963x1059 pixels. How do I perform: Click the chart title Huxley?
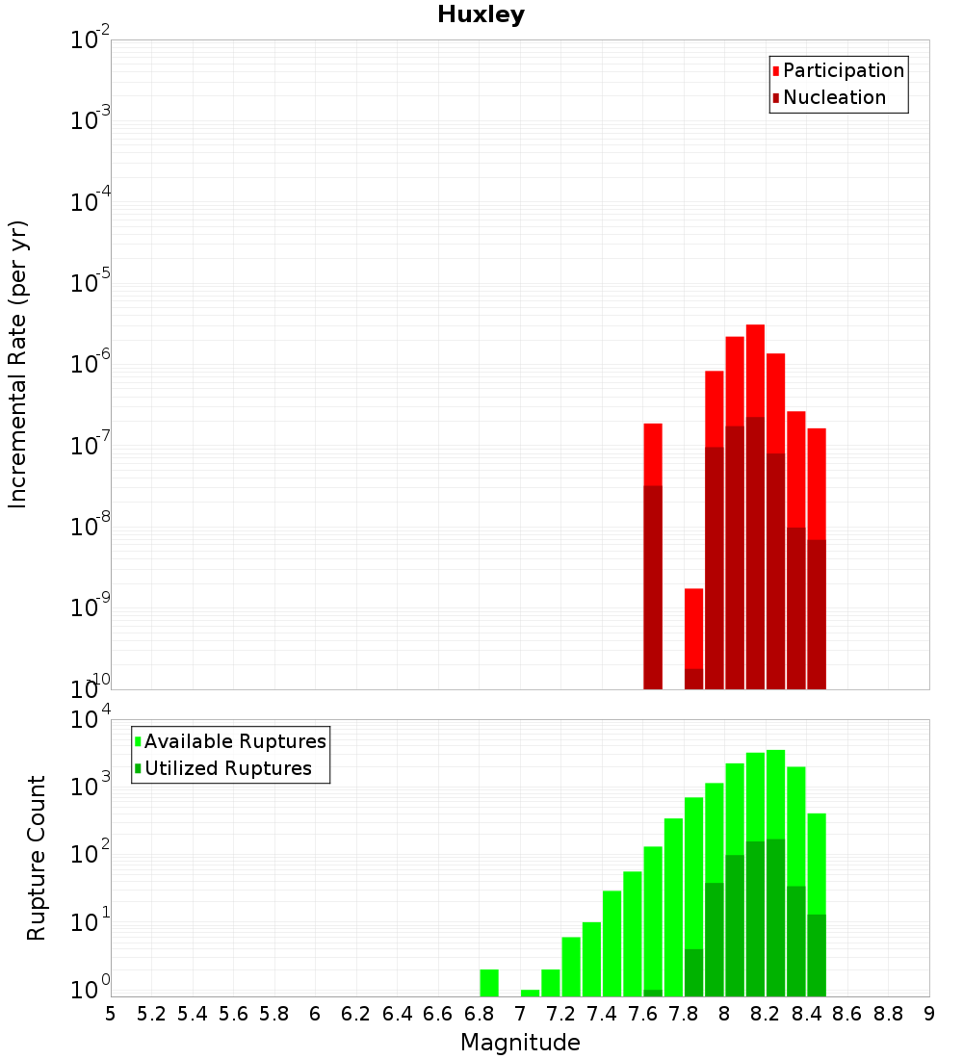[x=481, y=14]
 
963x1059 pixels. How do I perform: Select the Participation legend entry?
[x=843, y=70]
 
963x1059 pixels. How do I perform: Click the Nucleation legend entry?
[x=833, y=97]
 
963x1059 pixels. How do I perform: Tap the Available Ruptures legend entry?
[x=234, y=741]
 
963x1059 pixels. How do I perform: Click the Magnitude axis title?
[x=520, y=1043]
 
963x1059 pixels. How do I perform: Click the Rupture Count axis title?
[x=37, y=857]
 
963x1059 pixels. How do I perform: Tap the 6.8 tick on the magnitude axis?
[x=479, y=1014]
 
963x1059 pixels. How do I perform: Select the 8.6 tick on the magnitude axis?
[x=847, y=1014]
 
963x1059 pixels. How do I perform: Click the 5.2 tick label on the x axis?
[x=151, y=1014]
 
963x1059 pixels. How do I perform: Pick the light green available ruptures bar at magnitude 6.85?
[x=489, y=983]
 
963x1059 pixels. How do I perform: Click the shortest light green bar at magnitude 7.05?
[x=530, y=993]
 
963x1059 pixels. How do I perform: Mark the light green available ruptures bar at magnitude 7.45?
[x=612, y=943]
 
